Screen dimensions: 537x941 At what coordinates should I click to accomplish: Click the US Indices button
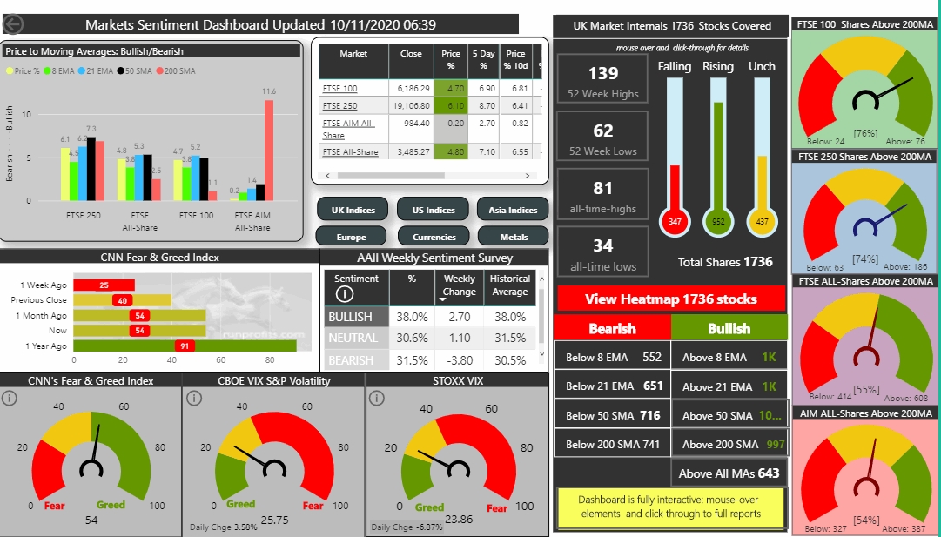[x=434, y=210]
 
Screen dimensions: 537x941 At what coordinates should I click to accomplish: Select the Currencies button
[x=434, y=236]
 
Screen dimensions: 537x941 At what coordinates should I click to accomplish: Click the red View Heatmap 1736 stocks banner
[x=670, y=299]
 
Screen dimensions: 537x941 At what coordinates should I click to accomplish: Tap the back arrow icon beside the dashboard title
[x=15, y=25]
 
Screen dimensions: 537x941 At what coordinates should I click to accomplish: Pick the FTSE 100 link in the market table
[x=339, y=88]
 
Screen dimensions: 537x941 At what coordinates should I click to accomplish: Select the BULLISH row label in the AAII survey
[x=350, y=317]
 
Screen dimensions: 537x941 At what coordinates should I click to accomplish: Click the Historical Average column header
[x=510, y=285]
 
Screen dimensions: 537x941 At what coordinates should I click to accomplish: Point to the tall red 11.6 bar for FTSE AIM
[x=269, y=149]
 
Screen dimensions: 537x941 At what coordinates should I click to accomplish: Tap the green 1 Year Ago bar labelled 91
[x=185, y=346]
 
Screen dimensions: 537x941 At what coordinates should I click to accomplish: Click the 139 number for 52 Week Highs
[x=603, y=74]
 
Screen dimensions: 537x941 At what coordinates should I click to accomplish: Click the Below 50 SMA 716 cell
[x=612, y=415]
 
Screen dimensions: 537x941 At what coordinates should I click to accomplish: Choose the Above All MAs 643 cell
[x=729, y=473]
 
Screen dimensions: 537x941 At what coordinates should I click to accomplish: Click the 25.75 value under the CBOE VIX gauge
[x=274, y=519]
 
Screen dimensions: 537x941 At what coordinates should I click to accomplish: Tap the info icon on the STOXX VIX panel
[x=377, y=399]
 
